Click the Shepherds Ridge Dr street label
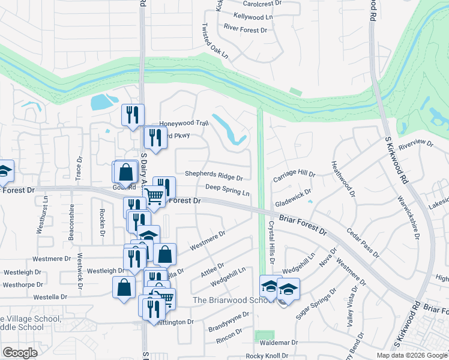point(213,178)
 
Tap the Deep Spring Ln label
point(227,190)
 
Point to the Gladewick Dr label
point(292,196)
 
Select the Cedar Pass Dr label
point(363,242)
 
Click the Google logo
point(20,352)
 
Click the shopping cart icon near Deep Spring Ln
point(154,196)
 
